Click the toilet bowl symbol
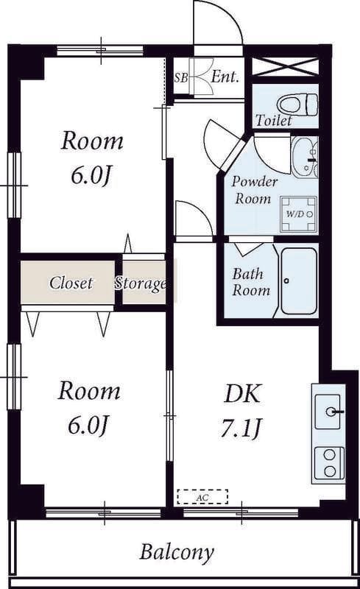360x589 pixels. (x=297, y=105)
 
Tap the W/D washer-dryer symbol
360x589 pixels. (x=301, y=214)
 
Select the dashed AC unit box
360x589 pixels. (x=202, y=496)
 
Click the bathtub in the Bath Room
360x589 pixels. (x=299, y=281)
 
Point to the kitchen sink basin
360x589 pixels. (x=328, y=412)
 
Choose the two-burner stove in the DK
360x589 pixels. (x=329, y=463)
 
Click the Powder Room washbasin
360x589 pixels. (x=304, y=157)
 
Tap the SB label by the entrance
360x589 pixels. (x=181, y=78)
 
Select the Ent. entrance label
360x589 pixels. (x=225, y=77)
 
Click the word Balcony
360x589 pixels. (x=177, y=553)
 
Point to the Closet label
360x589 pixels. (x=71, y=283)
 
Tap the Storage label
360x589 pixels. (x=141, y=283)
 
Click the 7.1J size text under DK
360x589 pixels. (x=241, y=428)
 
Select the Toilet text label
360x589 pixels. (x=274, y=121)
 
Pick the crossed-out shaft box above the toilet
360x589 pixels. (x=285, y=67)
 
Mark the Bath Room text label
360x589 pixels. (x=251, y=282)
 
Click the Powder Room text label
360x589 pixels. (x=254, y=190)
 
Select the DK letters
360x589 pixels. (x=241, y=394)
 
